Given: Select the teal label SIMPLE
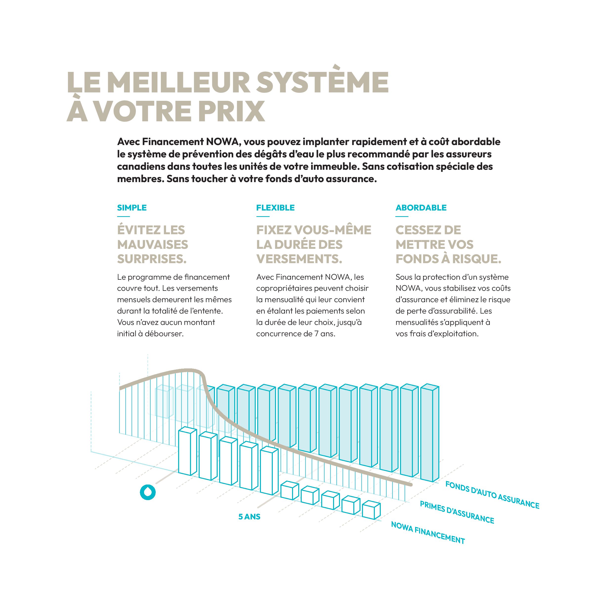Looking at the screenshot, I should [132, 208].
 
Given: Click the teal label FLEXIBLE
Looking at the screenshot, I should [275, 208].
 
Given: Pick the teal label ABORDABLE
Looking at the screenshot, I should [421, 208].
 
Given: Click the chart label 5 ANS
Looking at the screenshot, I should [249, 517].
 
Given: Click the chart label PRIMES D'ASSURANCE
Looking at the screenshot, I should [457, 513].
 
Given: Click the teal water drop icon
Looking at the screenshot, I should [148, 492].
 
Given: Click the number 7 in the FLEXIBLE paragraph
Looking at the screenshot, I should [316, 334].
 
